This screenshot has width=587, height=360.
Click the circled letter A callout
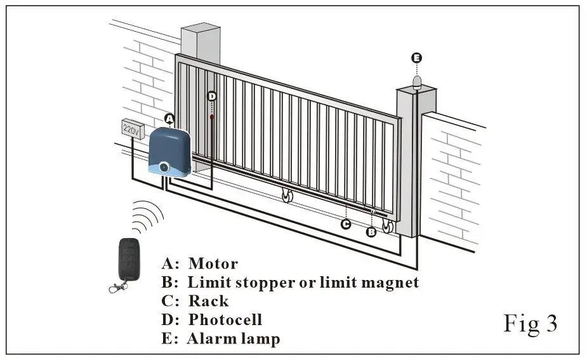[169, 119]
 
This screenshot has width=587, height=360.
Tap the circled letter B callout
[371, 232]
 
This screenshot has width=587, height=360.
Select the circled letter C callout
[345, 224]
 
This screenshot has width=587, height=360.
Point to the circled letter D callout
[212, 96]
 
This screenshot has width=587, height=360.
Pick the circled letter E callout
[416, 58]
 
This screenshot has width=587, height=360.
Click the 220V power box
[131, 130]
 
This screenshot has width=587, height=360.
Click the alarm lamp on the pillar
[417, 81]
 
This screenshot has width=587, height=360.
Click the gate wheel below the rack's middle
[287, 197]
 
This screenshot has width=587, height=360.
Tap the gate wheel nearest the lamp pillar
[386, 227]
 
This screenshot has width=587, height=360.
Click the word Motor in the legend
[213, 263]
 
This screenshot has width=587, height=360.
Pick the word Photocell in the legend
[225, 319]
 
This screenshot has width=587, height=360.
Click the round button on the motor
[164, 167]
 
